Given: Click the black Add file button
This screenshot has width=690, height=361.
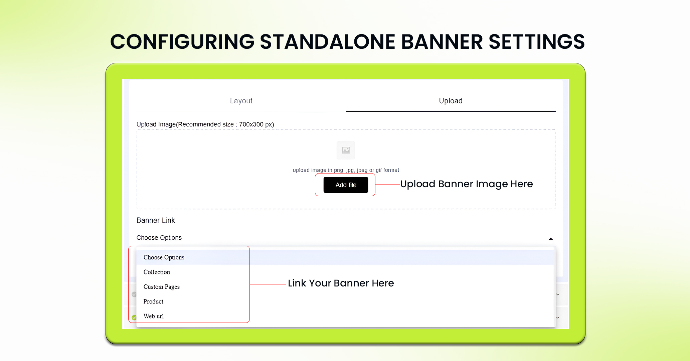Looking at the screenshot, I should point(346,185).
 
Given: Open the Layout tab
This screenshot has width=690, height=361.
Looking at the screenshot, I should point(241,101).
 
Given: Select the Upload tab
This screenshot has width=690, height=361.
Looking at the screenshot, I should point(451,101).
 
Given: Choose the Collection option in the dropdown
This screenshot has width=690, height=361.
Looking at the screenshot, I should point(157,272).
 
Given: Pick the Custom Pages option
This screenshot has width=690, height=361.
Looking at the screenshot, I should point(161,287).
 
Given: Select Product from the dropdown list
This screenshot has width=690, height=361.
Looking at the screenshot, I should point(153,302).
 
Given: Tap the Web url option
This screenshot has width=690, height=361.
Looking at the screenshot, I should point(154,316).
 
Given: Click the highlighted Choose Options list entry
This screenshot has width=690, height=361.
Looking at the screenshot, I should point(164,257).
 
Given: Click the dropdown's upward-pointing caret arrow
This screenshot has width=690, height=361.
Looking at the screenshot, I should point(551,239).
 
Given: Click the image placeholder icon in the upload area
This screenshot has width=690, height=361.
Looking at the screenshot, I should point(346,150).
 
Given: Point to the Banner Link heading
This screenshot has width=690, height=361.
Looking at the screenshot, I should point(156,220).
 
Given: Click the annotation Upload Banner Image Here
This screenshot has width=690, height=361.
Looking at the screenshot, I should point(466,184).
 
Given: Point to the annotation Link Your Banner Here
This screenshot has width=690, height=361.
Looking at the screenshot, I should point(341,283).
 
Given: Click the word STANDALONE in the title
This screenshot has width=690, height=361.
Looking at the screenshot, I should point(328,42).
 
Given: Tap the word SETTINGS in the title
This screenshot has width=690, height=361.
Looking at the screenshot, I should point(536,42).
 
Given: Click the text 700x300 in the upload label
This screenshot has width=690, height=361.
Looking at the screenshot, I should point(251,124).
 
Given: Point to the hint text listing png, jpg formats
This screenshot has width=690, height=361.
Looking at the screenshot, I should point(346,170).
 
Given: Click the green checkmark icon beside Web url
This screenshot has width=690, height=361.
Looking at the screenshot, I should point(134,317).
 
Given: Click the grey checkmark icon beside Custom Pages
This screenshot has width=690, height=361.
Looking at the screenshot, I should point(134,294).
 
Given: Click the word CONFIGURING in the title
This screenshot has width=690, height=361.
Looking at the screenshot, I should point(182,42).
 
